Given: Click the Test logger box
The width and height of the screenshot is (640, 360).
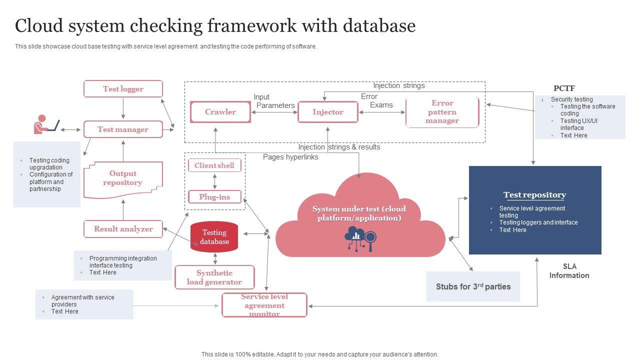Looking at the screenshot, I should click(123, 89).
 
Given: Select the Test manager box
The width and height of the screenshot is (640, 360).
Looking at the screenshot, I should click(123, 129).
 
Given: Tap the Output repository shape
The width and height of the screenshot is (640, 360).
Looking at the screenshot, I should click(123, 178).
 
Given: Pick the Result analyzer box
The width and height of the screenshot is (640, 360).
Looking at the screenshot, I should click(123, 229).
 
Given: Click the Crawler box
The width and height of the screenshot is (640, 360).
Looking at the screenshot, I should click(220, 112).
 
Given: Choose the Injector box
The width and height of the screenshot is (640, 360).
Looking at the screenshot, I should click(328, 112).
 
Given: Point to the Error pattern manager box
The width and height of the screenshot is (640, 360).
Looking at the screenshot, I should click(442, 112).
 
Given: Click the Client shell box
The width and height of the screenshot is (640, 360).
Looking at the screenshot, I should click(214, 165).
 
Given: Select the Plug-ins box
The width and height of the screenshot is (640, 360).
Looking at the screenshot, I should click(214, 197).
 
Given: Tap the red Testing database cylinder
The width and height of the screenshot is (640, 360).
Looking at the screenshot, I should click(214, 237).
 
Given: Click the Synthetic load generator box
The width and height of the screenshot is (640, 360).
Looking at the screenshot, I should click(214, 277).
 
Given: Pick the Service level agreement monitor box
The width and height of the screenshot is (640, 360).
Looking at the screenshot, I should click(264, 305).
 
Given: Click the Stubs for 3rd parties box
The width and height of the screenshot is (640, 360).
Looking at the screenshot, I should click(473, 286).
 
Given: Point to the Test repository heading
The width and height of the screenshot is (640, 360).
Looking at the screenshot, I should click(534, 195).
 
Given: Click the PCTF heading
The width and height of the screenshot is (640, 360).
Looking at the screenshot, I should click(564, 88).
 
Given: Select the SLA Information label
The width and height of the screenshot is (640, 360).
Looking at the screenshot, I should click(569, 271).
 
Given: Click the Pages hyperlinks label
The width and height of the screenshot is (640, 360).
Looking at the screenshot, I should click(290, 157).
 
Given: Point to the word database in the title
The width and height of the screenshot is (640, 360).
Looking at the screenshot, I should click(380, 25).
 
